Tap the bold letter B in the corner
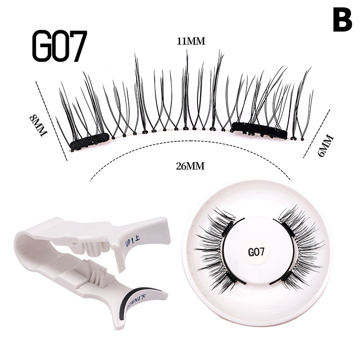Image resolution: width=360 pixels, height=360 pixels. (342, 20)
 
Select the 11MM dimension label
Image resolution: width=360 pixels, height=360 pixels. (191, 42)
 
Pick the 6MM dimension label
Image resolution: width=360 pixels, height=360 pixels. (322, 145)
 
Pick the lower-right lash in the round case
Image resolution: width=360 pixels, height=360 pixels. (297, 274)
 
